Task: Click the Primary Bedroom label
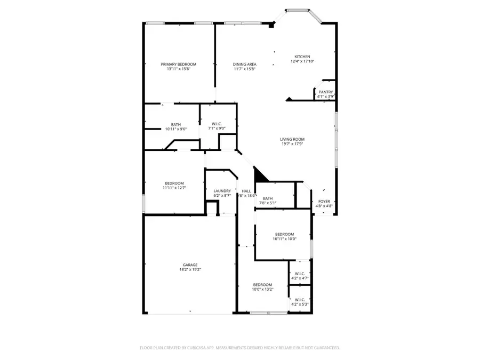pyautogui.click(x=178, y=64)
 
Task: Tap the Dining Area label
pyautogui.click(x=244, y=64)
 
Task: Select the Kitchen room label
pyautogui.click(x=302, y=57)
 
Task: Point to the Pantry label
pyautogui.click(x=325, y=92)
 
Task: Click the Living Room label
pyautogui.click(x=292, y=139)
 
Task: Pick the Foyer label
pyautogui.click(x=324, y=202)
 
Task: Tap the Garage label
pyautogui.click(x=190, y=265)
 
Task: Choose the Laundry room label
pyautogui.click(x=222, y=191)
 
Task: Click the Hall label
pyautogui.click(x=246, y=191)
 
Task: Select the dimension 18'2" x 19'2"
pyautogui.click(x=190, y=270)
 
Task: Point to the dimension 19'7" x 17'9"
pyautogui.click(x=292, y=144)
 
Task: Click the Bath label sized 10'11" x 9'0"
pyautogui.click(x=175, y=124)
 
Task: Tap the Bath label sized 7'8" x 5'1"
pyautogui.click(x=267, y=198)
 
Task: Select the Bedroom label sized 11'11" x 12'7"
pyautogui.click(x=174, y=183)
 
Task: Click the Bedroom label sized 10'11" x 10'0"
pyautogui.click(x=284, y=234)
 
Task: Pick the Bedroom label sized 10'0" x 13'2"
pyautogui.click(x=262, y=284)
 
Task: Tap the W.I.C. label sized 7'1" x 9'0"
pyautogui.click(x=217, y=124)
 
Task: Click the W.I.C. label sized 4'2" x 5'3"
pyautogui.click(x=299, y=300)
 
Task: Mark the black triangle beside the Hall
pyautogui.click(x=260, y=174)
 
